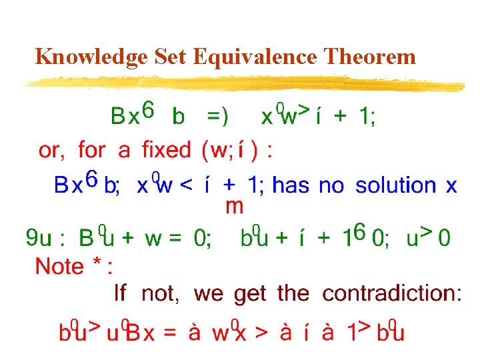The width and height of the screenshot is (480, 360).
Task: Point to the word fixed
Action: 166,149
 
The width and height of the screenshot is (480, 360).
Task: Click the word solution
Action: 397,185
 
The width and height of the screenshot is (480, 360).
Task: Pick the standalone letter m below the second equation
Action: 235,206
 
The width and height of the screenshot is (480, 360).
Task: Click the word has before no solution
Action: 291,185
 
